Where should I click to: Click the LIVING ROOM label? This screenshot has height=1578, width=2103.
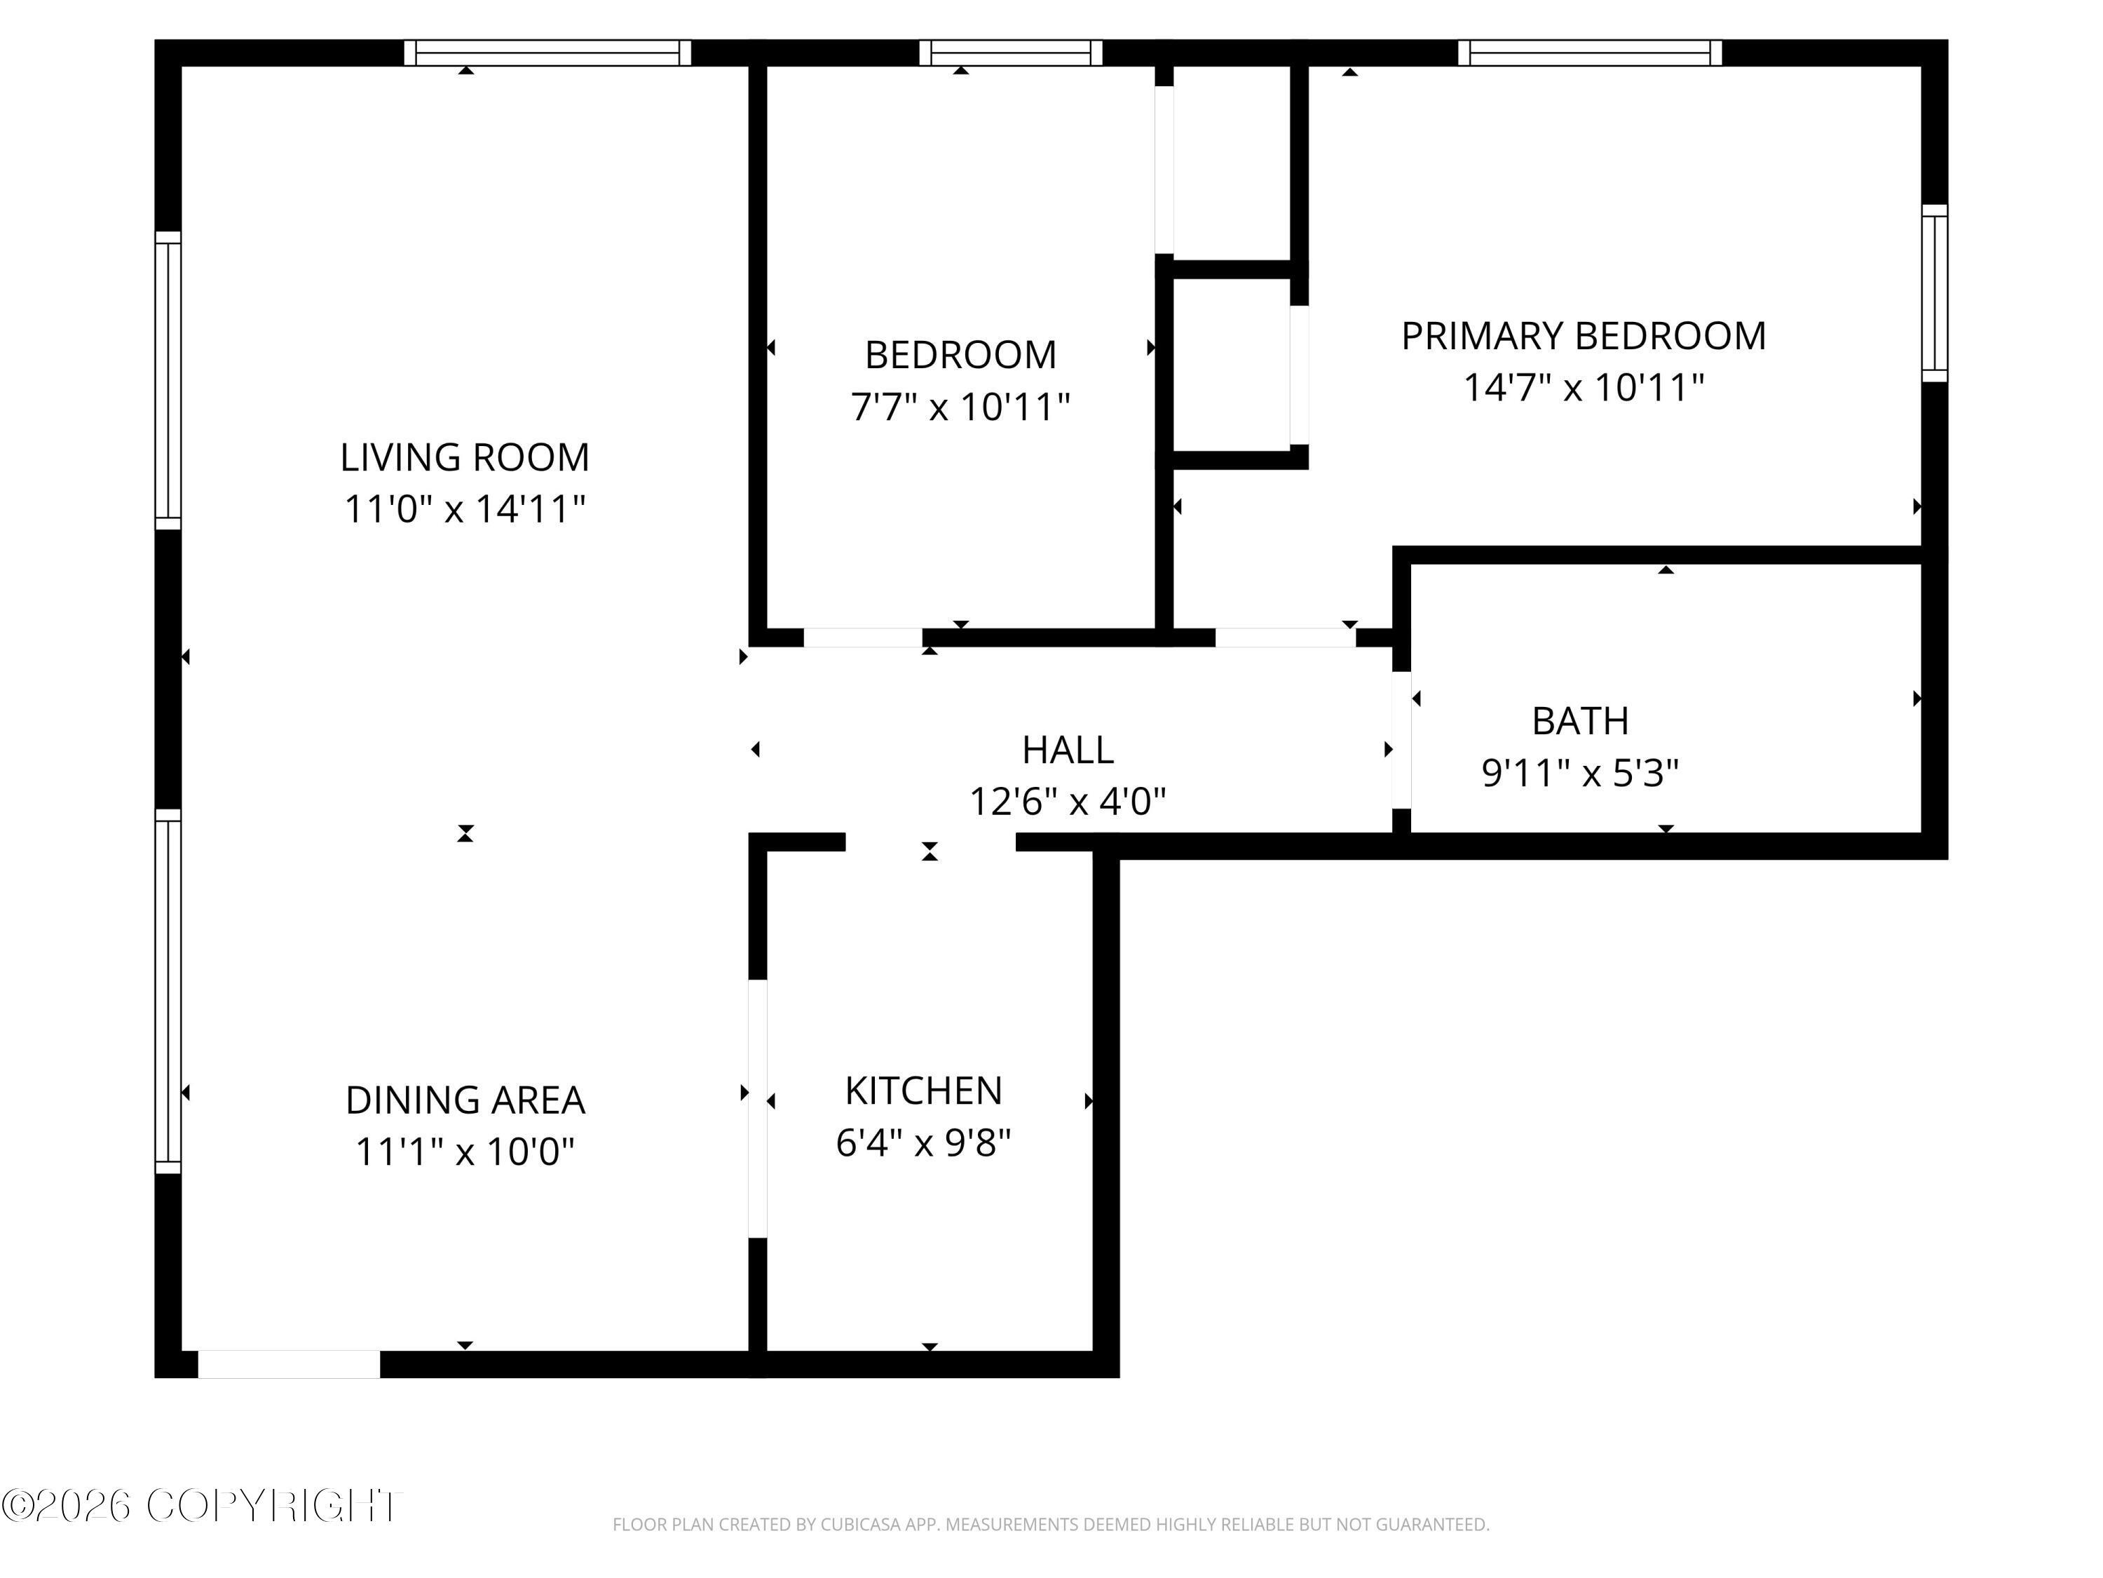tap(465, 457)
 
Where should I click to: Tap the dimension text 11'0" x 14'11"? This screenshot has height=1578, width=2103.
tap(465, 509)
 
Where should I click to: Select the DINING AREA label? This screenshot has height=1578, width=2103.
tap(465, 1100)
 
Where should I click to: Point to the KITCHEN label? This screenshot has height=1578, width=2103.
tap(923, 1091)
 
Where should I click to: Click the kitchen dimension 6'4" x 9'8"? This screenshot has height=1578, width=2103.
tap(923, 1142)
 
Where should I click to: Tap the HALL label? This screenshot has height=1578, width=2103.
tap(1068, 750)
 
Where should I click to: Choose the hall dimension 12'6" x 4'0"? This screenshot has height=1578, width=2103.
tap(1068, 802)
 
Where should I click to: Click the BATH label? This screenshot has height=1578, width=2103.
tap(1580, 721)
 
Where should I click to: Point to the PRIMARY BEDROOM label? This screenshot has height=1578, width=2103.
tap(1583, 336)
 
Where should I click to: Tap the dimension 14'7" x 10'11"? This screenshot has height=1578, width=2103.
tap(1583, 387)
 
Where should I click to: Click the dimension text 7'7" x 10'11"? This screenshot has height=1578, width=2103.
tap(960, 407)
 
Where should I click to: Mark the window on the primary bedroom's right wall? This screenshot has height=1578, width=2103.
tap(1935, 293)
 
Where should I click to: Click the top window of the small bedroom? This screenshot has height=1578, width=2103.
tap(1011, 53)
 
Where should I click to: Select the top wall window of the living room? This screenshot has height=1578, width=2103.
tap(547, 53)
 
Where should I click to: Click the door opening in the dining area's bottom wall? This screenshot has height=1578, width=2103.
tap(289, 1364)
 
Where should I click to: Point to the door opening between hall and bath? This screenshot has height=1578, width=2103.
tap(1401, 740)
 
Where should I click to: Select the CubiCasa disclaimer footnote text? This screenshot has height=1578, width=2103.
tap(1051, 1525)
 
